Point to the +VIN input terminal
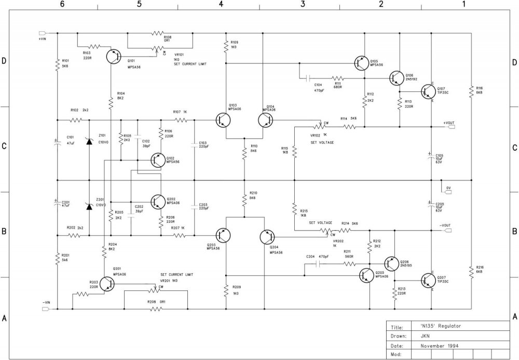[x=43, y=33]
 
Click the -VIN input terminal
[x=45, y=309]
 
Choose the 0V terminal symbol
[x=447, y=191]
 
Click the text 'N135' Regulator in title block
[x=441, y=326]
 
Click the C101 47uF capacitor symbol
[x=57, y=141]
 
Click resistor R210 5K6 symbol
[x=243, y=198]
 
